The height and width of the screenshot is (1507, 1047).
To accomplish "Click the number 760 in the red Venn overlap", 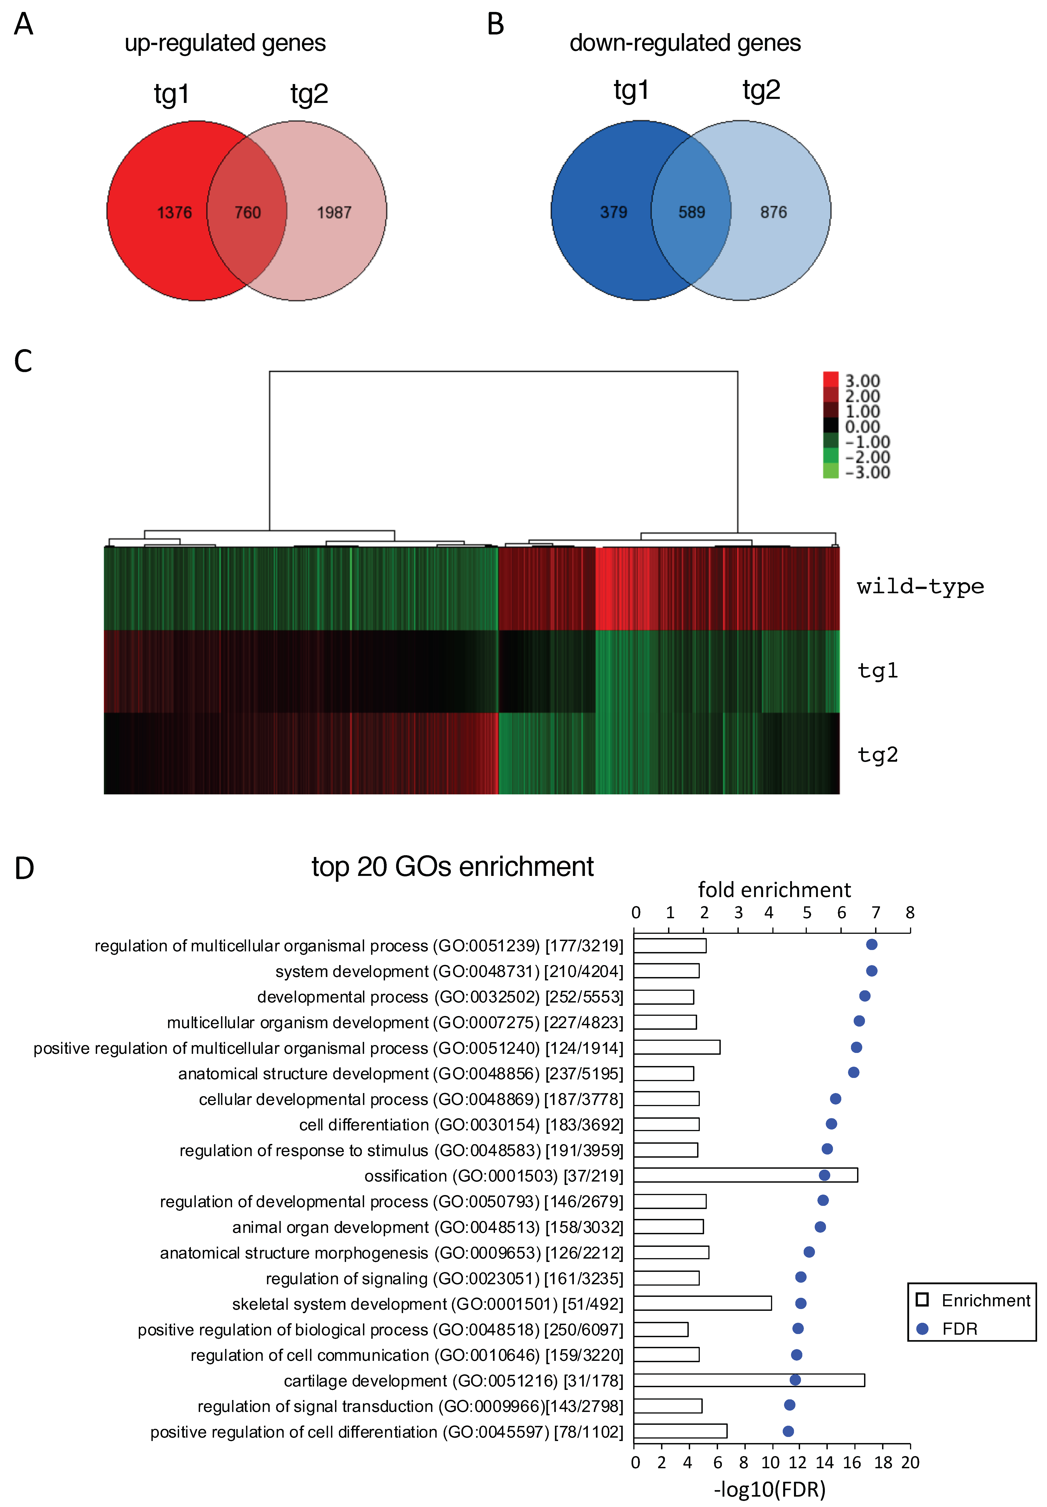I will tap(247, 212).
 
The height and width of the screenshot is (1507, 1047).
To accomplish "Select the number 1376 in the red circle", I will tap(174, 212).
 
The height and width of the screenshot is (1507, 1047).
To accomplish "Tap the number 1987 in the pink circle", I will tap(334, 212).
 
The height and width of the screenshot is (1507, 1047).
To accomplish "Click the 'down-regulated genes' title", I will tap(685, 43).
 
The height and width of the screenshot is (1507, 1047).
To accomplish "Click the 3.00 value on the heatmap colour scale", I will tap(862, 381).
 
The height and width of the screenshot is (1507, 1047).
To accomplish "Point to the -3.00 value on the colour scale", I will tap(867, 472).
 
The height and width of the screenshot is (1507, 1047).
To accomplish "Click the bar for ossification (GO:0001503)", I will tap(745, 1175).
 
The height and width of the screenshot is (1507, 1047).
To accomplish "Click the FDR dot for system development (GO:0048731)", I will tap(871, 971).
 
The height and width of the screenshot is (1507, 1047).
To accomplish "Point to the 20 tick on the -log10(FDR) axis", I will tap(910, 1462).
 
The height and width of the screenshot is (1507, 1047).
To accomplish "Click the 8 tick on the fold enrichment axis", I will tap(910, 912).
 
